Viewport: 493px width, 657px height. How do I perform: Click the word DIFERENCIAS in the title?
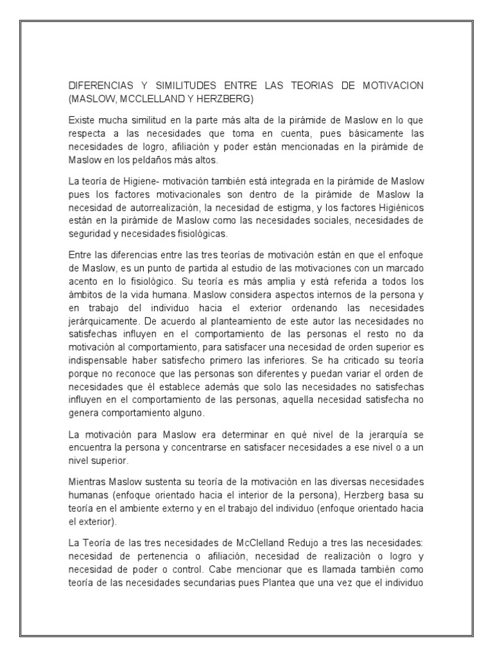tap(100, 86)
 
